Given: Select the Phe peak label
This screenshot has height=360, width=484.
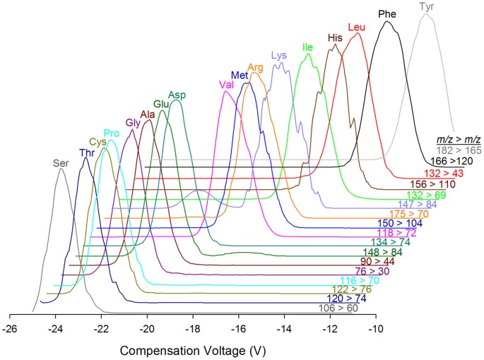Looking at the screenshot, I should pos(387,13).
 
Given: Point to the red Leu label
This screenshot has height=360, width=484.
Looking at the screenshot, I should pos(357,28).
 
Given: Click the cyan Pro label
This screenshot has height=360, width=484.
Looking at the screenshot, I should pos(112,133).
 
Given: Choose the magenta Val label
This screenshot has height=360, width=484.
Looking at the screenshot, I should pos(227,85).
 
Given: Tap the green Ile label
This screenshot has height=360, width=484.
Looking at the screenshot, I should pos(307,47).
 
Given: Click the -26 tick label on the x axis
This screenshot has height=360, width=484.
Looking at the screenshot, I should pos(10,328).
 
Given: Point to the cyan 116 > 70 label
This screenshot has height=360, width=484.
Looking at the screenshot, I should pos(360,280).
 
